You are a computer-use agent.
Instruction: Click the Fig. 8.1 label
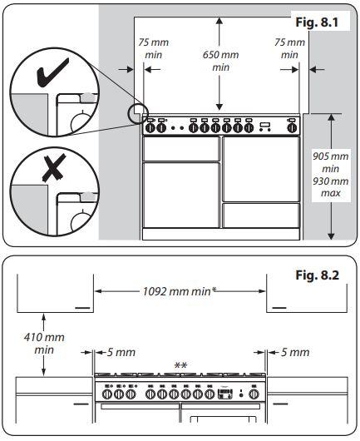click(317, 22)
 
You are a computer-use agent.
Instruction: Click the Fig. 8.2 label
click(318, 275)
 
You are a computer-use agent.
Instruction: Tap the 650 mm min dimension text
click(220, 61)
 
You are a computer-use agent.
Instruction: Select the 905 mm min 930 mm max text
click(331, 175)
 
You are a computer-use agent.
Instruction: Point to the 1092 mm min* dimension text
click(180, 291)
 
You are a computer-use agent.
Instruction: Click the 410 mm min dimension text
click(44, 344)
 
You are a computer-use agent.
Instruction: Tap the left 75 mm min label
click(154, 48)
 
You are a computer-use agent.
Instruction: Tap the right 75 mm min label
click(289, 48)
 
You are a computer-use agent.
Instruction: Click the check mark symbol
click(52, 72)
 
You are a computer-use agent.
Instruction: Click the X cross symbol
click(54, 168)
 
